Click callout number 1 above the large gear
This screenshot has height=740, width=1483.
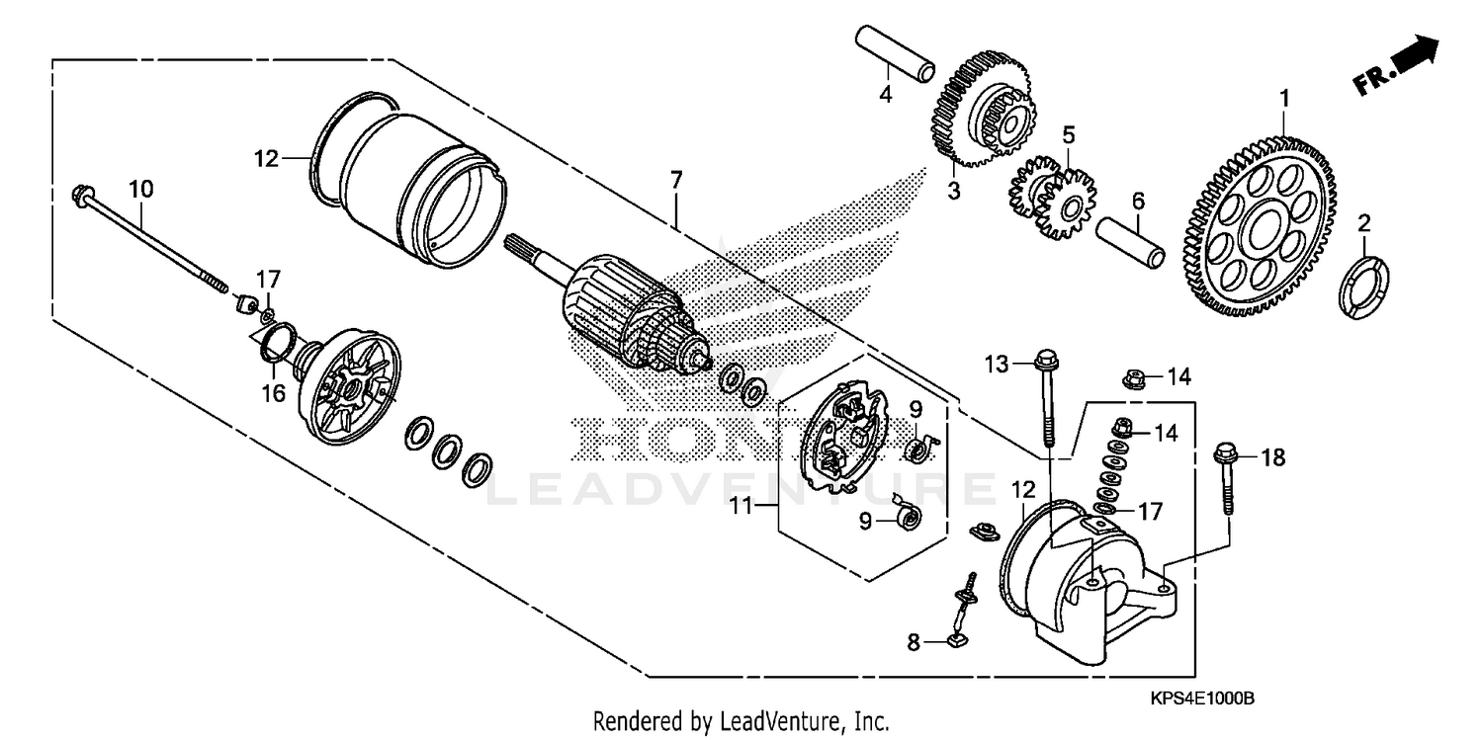tap(1285, 98)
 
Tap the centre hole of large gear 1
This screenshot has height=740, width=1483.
tap(1262, 234)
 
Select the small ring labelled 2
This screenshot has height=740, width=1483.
tap(1365, 287)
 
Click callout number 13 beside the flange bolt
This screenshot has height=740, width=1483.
tap(995, 365)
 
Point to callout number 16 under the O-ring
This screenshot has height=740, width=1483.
tap(273, 393)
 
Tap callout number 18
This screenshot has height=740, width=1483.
tap(1273, 456)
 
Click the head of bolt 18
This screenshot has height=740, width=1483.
tap(1224, 455)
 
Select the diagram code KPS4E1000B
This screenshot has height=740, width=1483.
tap(1202, 699)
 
